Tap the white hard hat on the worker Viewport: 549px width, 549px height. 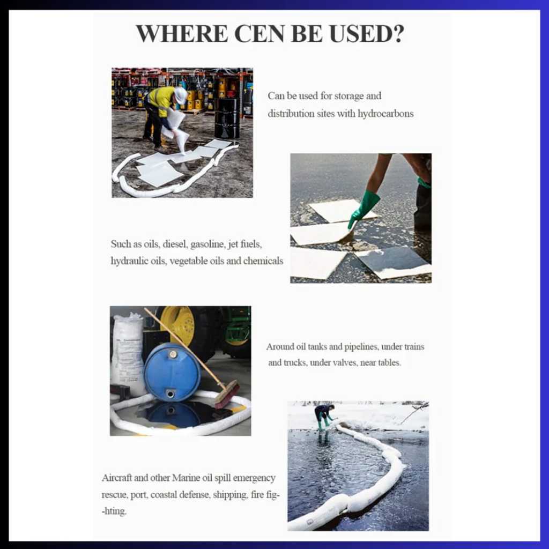tap(181, 95)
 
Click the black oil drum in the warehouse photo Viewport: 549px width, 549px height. tap(227, 117)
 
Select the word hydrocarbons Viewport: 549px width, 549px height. tap(385, 114)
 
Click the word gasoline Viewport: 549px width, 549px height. tap(207, 244)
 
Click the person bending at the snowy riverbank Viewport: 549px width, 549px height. tap(324, 417)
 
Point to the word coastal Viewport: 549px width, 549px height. tap(164, 495)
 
